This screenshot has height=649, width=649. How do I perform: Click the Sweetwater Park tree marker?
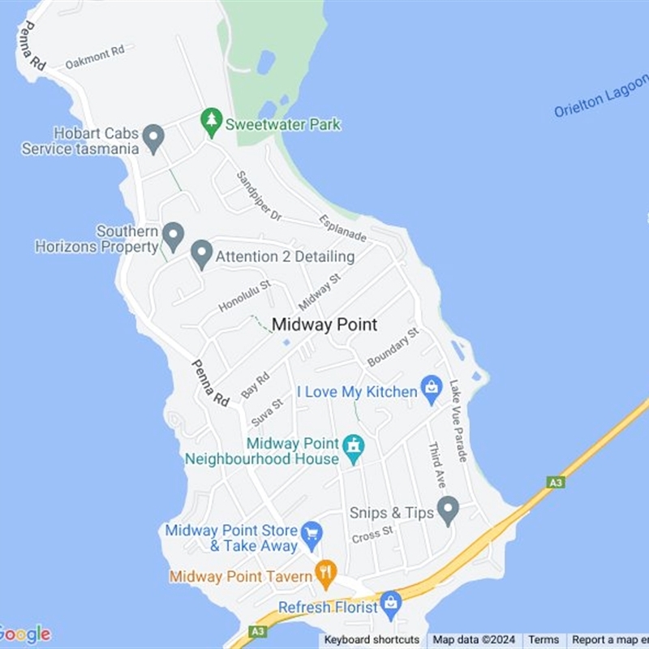(x=212, y=122)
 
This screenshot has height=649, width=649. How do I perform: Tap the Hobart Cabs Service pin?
(x=153, y=138)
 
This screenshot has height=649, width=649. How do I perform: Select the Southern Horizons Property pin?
(x=173, y=236)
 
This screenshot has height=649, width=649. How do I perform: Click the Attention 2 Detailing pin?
(x=201, y=254)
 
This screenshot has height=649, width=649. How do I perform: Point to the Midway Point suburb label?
(x=324, y=324)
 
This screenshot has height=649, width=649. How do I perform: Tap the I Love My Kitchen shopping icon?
(x=431, y=389)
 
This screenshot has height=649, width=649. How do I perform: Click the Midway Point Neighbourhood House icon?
(x=354, y=447)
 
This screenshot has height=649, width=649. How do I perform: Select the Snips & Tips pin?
(x=448, y=509)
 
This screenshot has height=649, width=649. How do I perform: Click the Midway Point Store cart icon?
(x=312, y=534)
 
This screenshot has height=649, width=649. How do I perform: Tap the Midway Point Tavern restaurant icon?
(x=326, y=574)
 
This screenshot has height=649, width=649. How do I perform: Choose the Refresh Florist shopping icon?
(x=391, y=603)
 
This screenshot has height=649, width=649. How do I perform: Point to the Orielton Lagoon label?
(x=601, y=96)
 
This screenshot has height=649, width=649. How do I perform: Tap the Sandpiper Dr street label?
(x=259, y=196)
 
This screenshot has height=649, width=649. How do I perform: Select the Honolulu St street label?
(x=244, y=296)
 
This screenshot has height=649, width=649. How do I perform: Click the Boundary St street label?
(x=393, y=346)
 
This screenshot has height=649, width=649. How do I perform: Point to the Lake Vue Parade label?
(x=458, y=421)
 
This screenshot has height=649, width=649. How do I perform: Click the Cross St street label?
(x=372, y=535)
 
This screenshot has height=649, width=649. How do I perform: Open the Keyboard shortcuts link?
(x=372, y=640)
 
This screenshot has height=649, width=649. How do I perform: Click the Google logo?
(x=24, y=634)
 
